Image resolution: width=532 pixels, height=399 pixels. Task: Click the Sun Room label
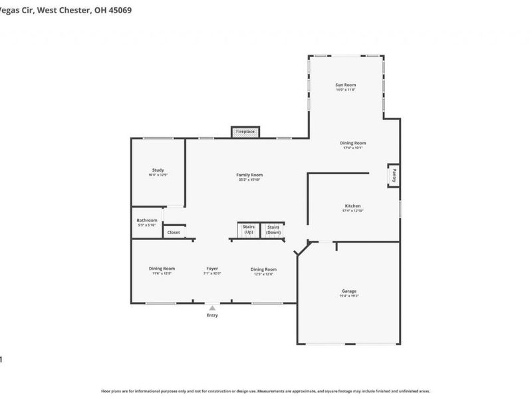346,85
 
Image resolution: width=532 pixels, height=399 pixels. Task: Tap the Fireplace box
245,132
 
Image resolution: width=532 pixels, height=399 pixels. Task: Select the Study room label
158,170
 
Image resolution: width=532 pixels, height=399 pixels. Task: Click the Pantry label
394,175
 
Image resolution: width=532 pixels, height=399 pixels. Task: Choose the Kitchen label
352,205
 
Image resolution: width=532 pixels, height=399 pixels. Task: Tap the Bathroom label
147,220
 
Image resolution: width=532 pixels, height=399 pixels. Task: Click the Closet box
174,232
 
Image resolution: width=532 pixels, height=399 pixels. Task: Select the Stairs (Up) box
249,229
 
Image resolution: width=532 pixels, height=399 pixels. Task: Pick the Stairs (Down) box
273,229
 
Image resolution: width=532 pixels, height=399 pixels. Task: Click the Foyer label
212,269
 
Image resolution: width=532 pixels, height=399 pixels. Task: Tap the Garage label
349,291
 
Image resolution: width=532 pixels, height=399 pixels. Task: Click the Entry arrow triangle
212,307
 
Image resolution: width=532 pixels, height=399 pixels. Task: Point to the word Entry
212,315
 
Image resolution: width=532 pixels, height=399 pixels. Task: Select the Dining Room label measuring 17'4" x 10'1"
352,143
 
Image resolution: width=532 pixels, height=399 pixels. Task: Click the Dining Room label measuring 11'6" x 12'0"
162,269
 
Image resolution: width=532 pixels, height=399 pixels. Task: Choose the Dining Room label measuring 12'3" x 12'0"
263,269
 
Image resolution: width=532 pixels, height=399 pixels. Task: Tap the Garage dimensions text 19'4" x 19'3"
349,296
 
